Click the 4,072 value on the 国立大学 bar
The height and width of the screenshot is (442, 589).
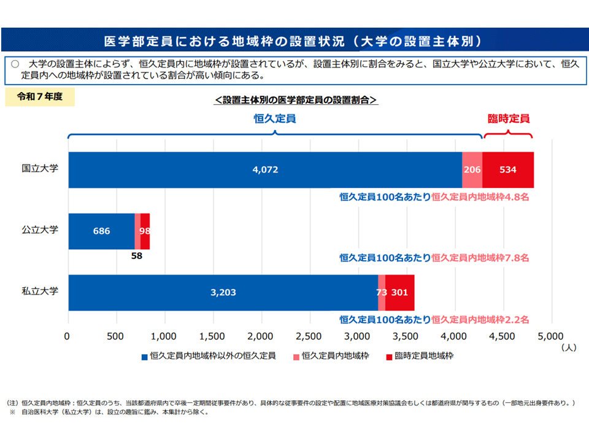point(265,170)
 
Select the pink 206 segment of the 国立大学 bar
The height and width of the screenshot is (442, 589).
point(472,170)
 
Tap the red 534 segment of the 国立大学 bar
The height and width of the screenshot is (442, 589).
point(507,170)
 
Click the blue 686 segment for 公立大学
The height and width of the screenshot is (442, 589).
point(101,231)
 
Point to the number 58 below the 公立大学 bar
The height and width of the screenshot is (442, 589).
point(136,255)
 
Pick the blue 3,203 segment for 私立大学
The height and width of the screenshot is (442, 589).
point(223,293)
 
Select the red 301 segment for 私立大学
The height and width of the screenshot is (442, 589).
point(399,293)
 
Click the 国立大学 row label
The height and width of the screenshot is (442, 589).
point(40,168)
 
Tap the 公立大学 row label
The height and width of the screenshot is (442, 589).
point(40,230)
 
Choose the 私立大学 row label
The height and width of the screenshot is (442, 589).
point(40,291)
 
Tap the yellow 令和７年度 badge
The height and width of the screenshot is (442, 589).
point(40,97)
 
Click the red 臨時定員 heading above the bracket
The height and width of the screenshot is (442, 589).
point(508,118)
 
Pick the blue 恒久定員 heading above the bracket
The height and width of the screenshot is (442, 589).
point(275,118)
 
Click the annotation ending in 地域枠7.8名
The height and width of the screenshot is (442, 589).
point(434,258)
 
